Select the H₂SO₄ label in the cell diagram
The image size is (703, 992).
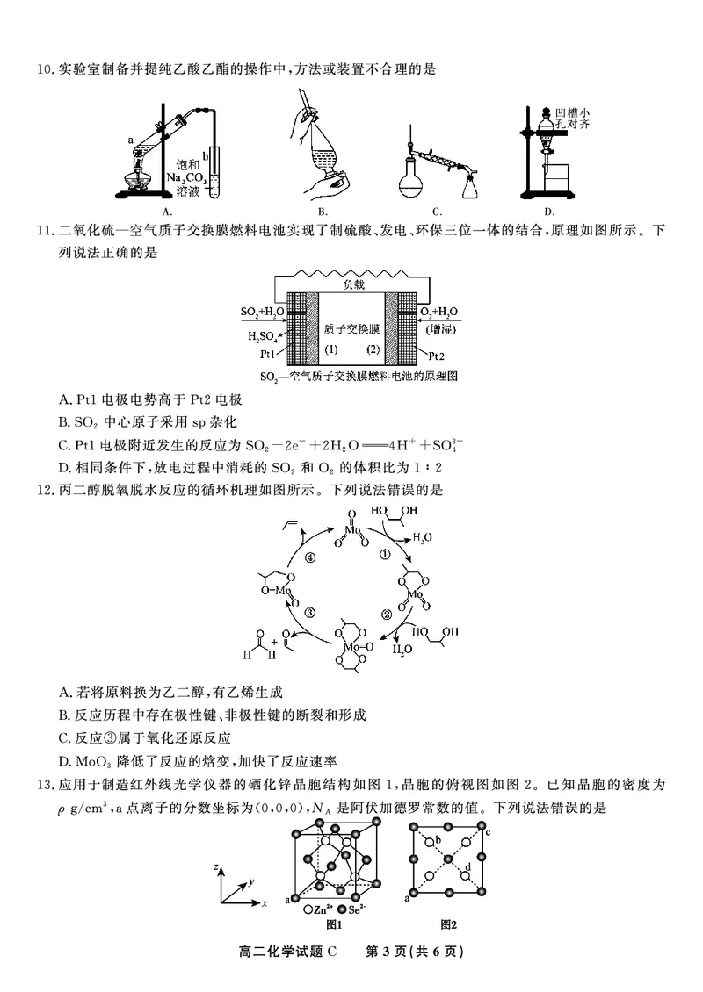[263, 337]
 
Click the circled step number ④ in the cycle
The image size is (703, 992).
[309, 558]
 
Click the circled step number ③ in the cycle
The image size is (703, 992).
[309, 614]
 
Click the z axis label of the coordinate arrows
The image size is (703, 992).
[216, 868]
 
